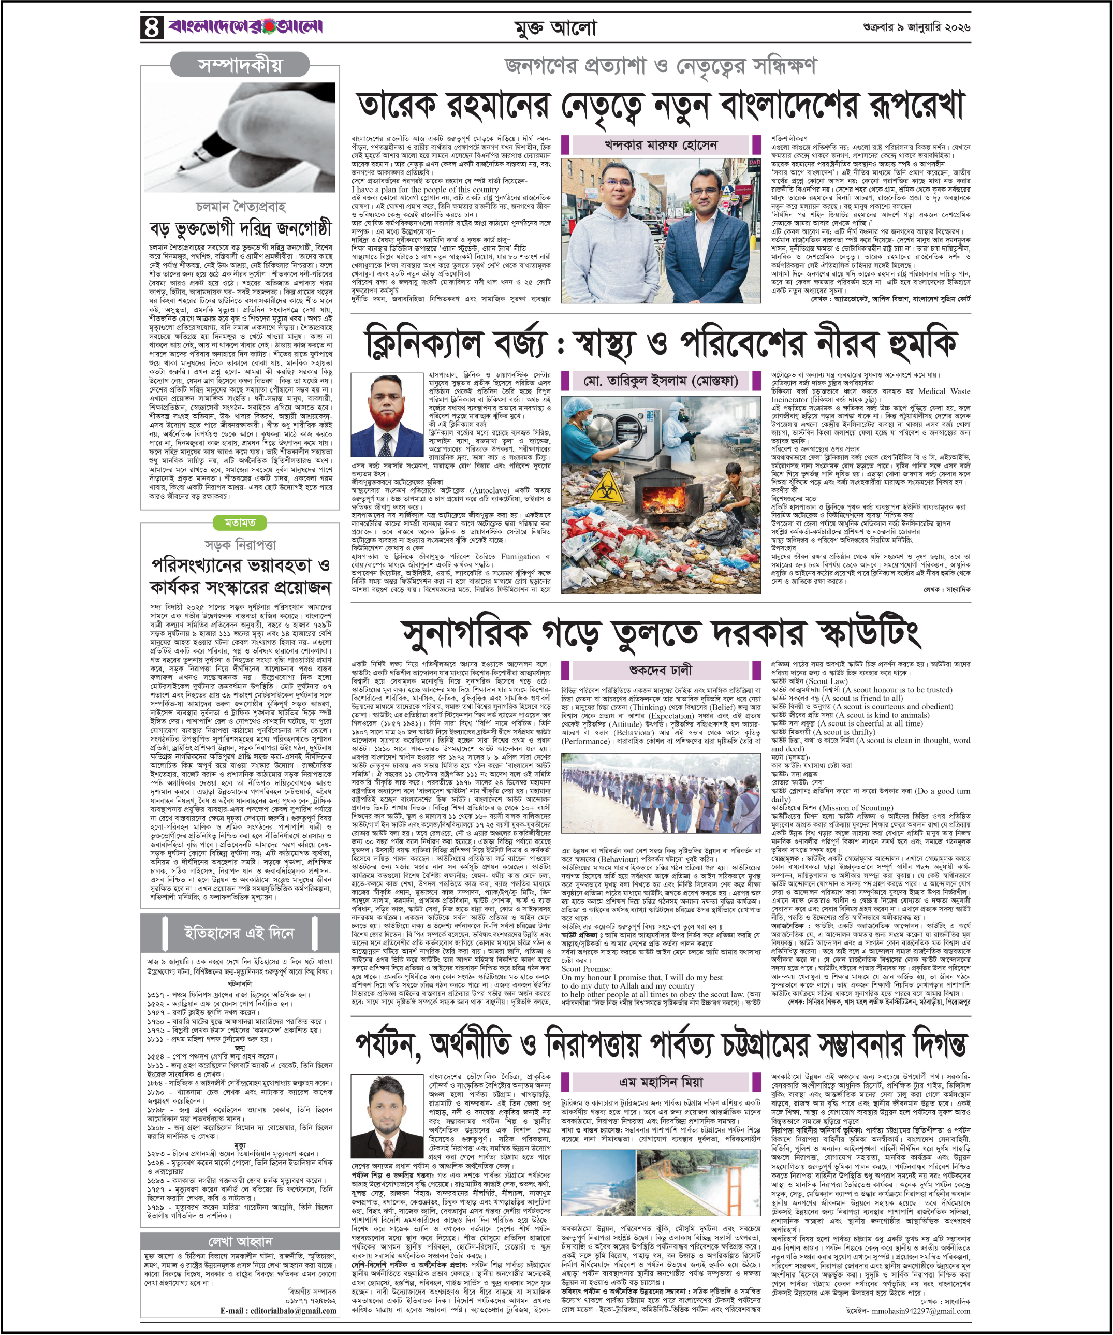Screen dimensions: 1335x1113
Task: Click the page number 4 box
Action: (x=151, y=27)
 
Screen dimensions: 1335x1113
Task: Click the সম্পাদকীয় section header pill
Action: (x=240, y=65)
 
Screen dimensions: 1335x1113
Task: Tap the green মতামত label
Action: (x=240, y=523)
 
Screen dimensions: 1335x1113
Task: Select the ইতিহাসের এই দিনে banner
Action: (x=240, y=933)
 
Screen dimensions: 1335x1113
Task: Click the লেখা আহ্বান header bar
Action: (x=240, y=1241)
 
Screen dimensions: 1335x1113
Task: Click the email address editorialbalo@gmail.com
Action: (x=279, y=1310)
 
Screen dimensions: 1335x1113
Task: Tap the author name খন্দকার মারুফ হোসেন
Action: (x=661, y=145)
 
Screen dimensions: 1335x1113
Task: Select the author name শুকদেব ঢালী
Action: (x=661, y=670)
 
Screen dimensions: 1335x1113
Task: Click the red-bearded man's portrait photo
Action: (x=387, y=414)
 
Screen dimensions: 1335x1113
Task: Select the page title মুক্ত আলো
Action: (x=555, y=28)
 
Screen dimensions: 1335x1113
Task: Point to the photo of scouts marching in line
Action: (x=661, y=802)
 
